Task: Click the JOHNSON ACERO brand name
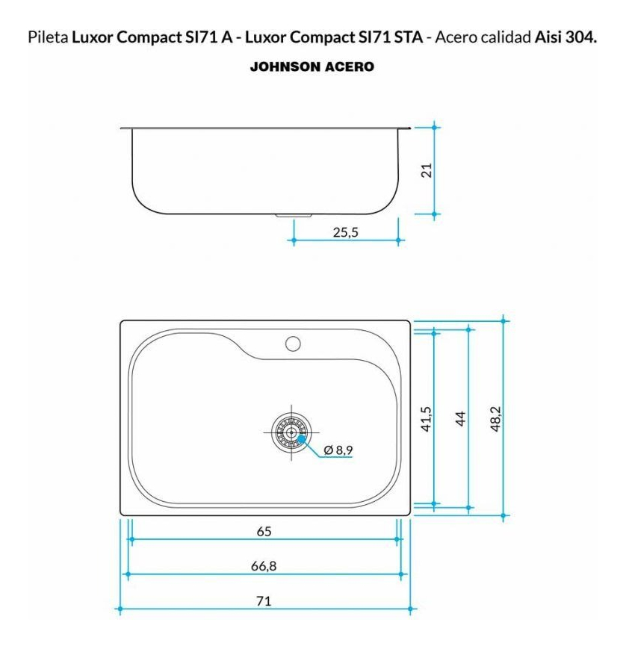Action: tap(312, 66)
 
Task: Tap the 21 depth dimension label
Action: tap(426, 170)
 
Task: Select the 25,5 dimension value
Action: tap(346, 232)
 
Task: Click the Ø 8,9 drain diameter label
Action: tap(338, 450)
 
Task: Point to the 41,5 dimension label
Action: tap(426, 419)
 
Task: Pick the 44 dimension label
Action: tap(460, 418)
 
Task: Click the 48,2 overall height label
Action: tap(495, 419)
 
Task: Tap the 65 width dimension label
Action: tap(264, 531)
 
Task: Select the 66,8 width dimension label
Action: tap(264, 566)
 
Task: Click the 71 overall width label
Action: tap(264, 600)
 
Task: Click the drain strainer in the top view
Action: tap(291, 432)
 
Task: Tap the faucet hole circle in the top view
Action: tap(293, 344)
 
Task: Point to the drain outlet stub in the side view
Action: tap(294, 216)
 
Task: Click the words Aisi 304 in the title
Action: tap(565, 37)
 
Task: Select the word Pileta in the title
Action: tap(48, 37)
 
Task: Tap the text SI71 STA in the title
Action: tap(391, 37)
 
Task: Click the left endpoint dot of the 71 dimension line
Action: tap(120, 609)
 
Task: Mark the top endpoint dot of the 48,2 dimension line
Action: tap(503, 321)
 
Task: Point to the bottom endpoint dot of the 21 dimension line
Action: tap(434, 214)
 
